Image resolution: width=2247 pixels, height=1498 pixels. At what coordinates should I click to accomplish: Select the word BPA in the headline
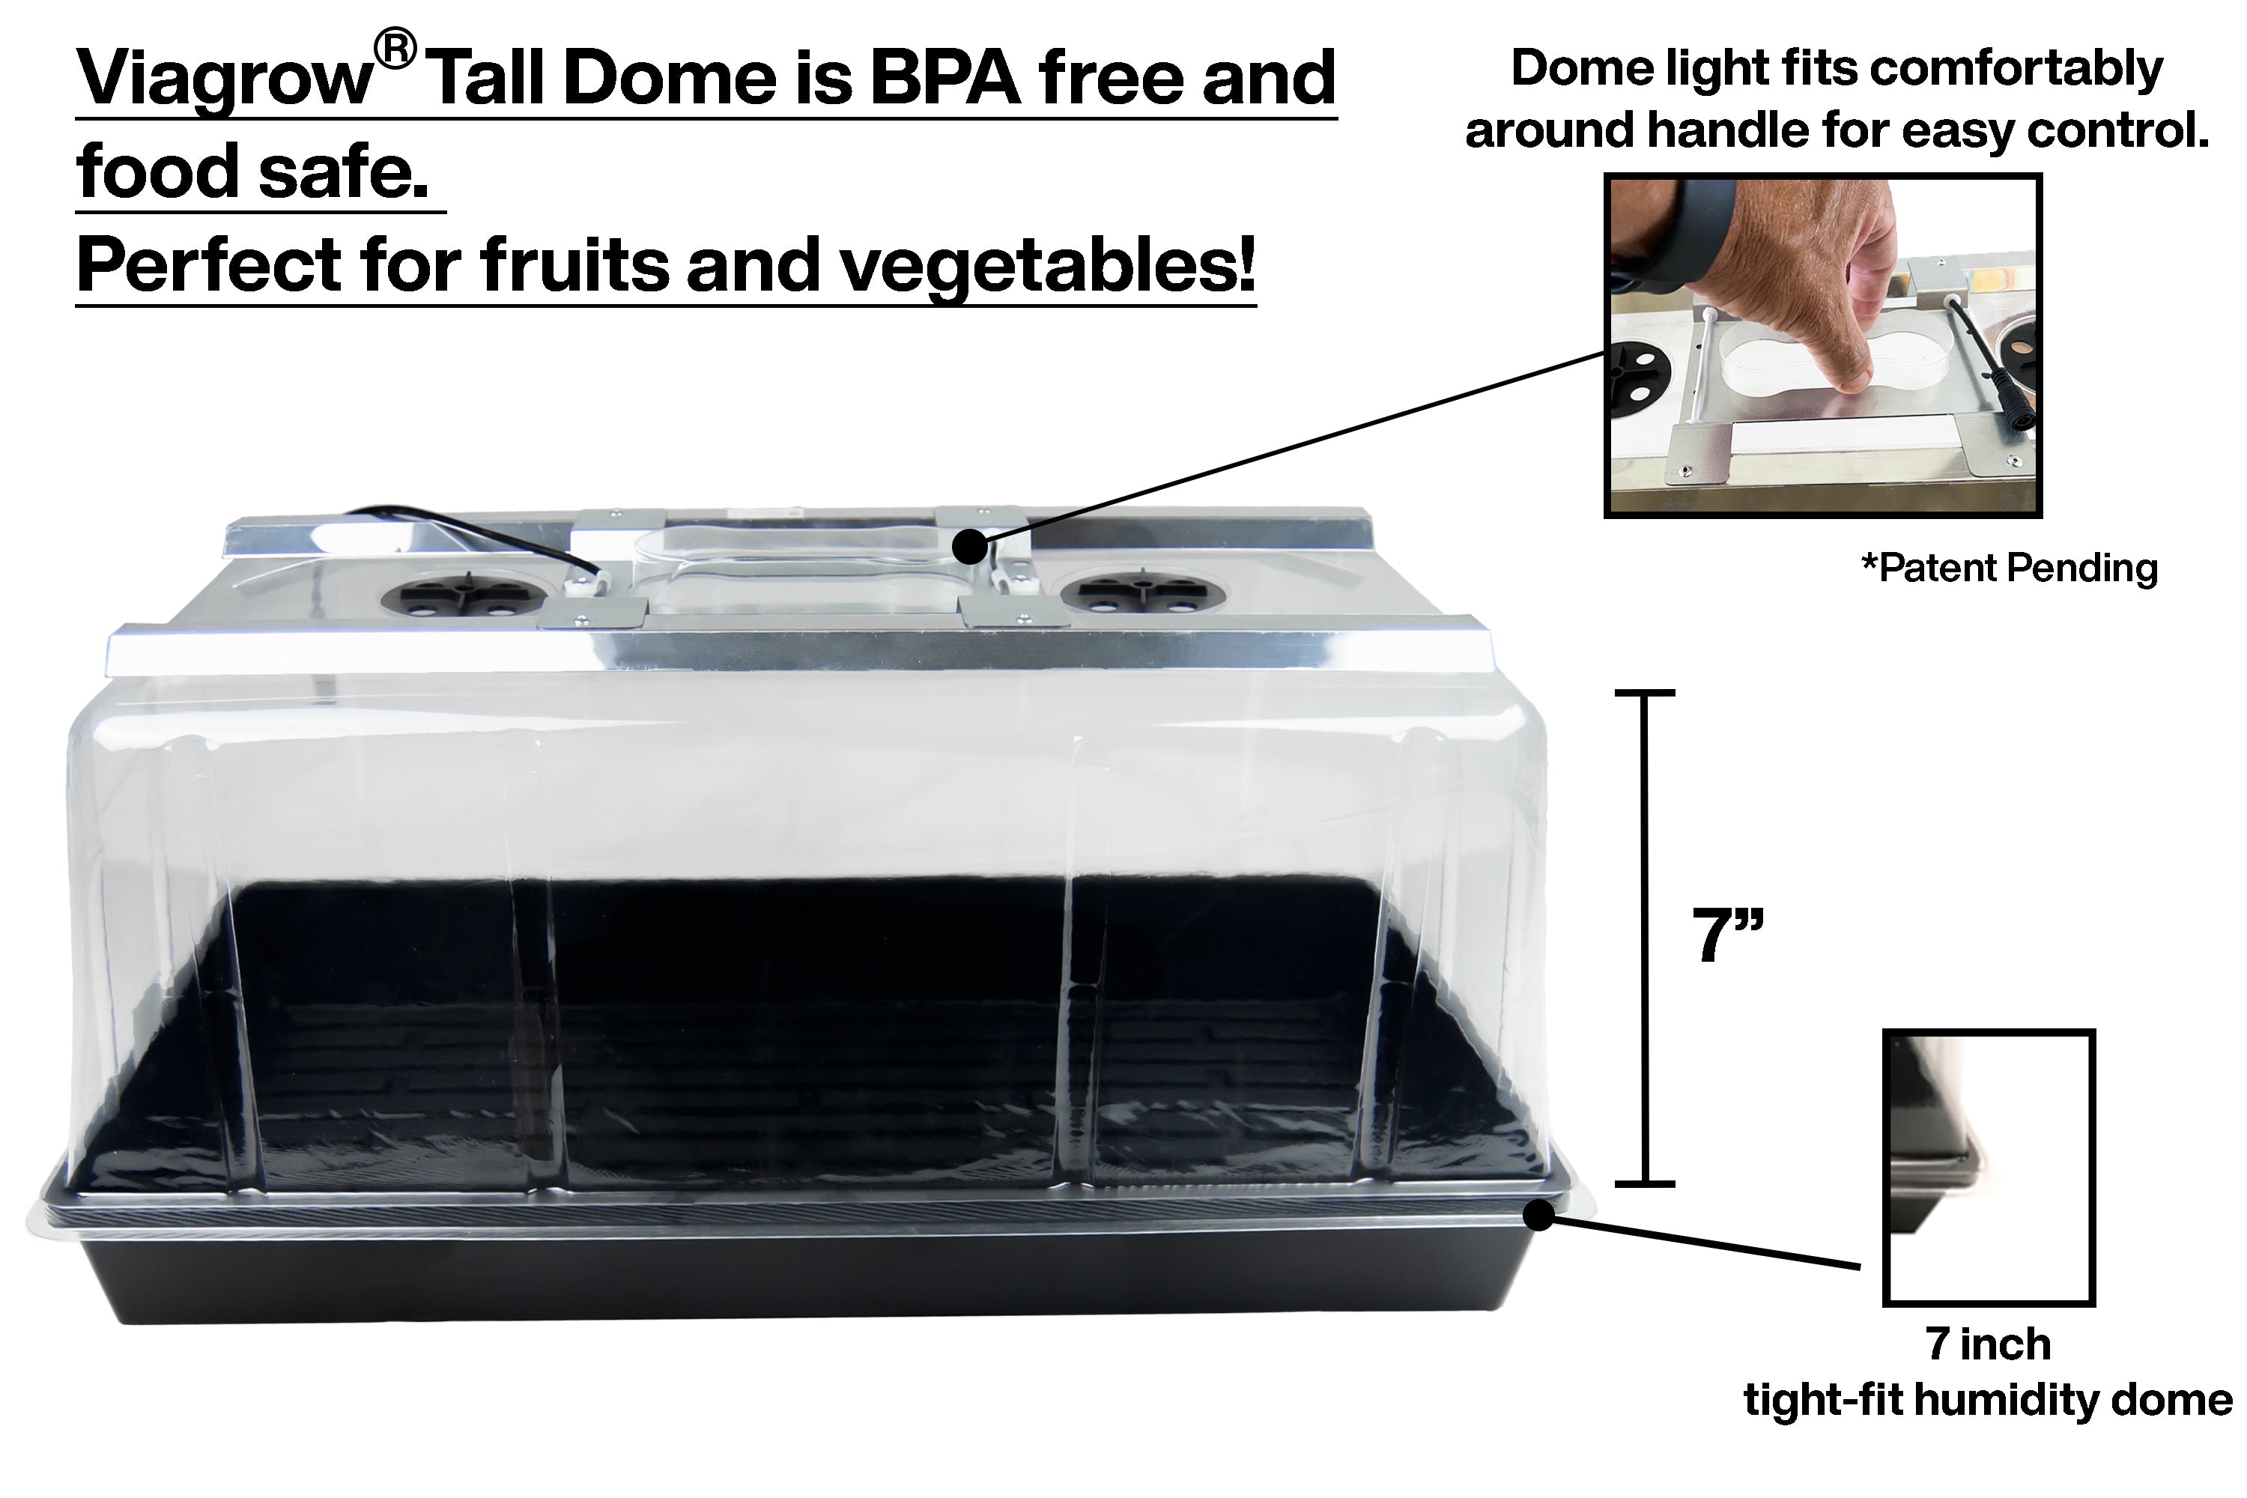pyautogui.click(x=944, y=79)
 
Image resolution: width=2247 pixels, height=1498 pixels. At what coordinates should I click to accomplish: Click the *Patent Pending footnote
pyautogui.click(x=2009, y=568)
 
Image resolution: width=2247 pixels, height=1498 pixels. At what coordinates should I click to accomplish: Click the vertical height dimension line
pyautogui.click(x=1644, y=936)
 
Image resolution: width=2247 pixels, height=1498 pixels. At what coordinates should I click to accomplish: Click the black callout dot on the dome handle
pyautogui.click(x=970, y=548)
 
